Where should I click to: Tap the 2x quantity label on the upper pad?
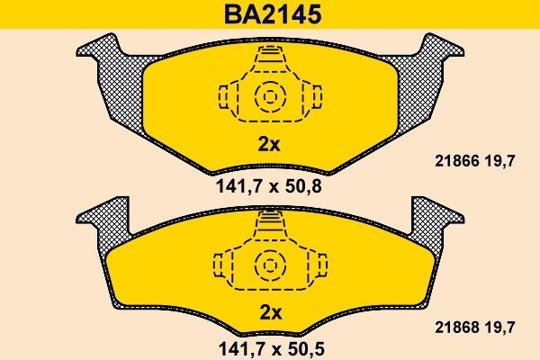pos(270,143)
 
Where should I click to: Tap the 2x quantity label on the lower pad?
pos(270,312)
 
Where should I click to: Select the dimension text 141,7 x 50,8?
pos(270,188)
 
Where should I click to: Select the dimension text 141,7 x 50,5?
pos(270,346)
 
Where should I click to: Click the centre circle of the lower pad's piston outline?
pos(269,264)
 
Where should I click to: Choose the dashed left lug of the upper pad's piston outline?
pos(226,95)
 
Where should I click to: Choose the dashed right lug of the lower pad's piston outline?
pos(311,265)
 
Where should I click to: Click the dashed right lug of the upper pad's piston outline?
pos(312,95)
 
